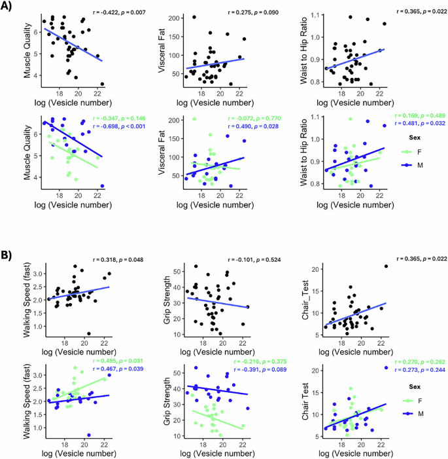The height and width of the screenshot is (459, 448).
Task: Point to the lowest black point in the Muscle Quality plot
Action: [x=103, y=84]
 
